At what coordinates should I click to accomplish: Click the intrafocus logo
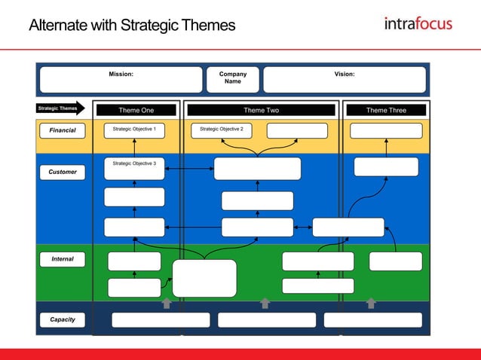click(x=418, y=23)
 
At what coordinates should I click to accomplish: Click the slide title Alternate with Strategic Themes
click(x=132, y=26)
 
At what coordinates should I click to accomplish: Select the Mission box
click(x=121, y=79)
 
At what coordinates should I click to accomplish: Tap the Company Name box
click(x=232, y=79)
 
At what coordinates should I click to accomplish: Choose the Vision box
click(x=344, y=79)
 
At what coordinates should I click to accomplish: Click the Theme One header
click(x=136, y=110)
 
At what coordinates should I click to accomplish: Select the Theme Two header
click(x=261, y=110)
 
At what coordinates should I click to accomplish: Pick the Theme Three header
click(x=386, y=110)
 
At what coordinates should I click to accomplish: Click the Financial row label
click(x=63, y=130)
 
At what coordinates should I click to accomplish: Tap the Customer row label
click(x=63, y=172)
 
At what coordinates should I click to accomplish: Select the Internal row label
click(x=63, y=259)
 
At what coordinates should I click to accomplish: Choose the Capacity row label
click(x=63, y=319)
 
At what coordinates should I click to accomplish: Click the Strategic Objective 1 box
click(x=134, y=130)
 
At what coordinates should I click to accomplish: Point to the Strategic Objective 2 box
click(x=221, y=130)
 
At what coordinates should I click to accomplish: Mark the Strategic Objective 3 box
click(x=134, y=169)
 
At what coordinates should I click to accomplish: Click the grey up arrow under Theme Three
click(x=371, y=303)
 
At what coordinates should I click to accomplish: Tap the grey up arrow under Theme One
click(x=167, y=303)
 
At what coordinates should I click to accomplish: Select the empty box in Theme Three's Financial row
click(x=386, y=130)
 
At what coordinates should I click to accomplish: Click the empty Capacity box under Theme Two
click(x=267, y=320)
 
